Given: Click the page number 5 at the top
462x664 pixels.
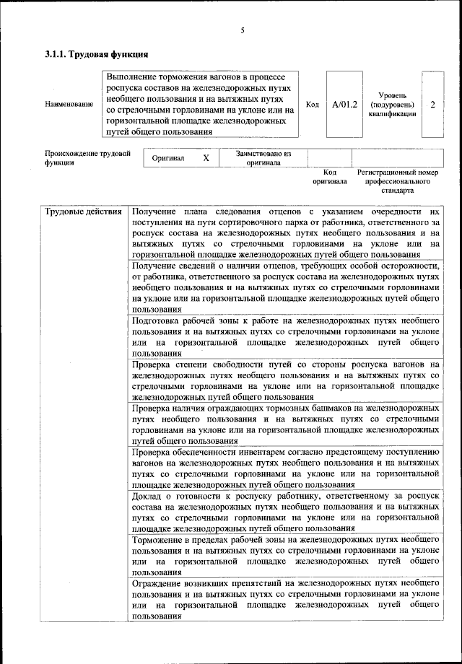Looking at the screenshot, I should [243, 30].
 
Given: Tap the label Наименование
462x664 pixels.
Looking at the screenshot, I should [69, 105].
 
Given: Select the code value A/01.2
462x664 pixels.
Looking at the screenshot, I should [344, 105].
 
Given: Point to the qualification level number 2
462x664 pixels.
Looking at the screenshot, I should [432, 105].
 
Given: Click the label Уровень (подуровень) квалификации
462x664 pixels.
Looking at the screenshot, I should [392, 105].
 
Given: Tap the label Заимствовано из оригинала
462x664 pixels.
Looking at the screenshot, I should [263, 158].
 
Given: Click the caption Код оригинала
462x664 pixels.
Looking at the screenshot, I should [330, 177].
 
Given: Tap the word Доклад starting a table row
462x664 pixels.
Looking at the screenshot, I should [149, 496].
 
